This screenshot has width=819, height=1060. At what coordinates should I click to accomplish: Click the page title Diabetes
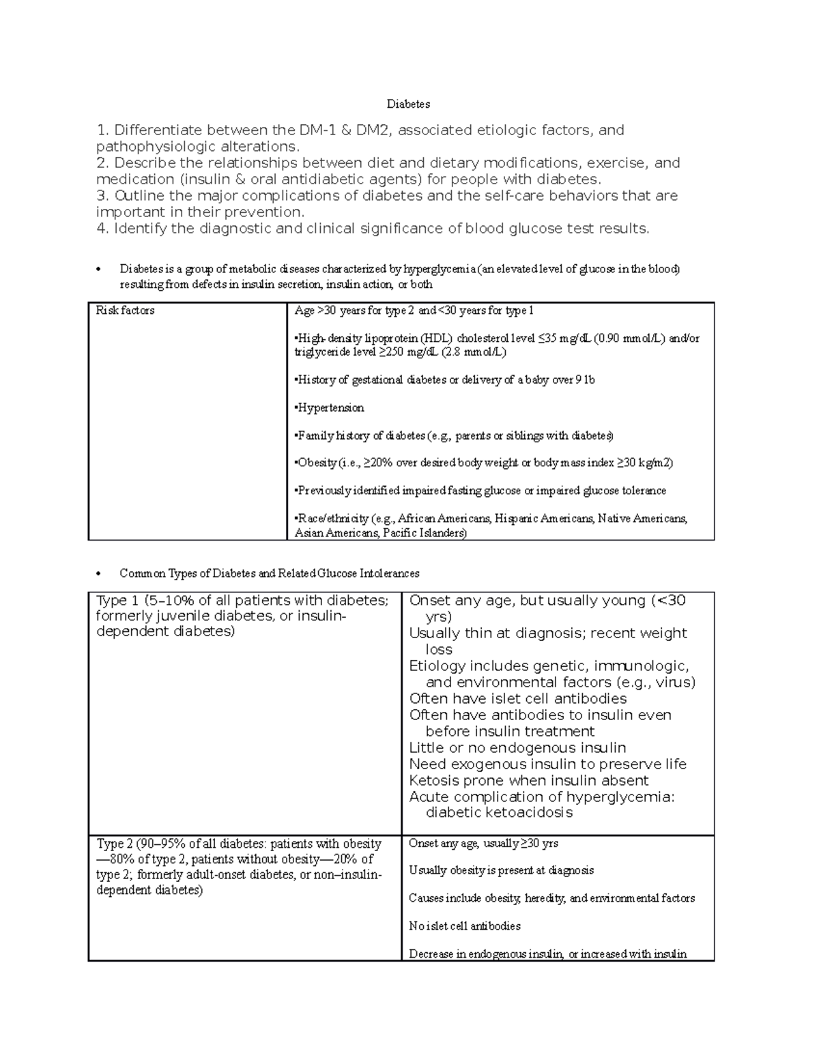pyautogui.click(x=408, y=104)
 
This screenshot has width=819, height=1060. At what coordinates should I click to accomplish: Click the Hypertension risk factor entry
pyautogui.click(x=330, y=407)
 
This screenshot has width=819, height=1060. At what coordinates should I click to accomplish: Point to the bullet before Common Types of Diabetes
pyautogui.click(x=100, y=573)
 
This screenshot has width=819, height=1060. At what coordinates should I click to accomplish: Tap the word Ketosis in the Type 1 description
pyautogui.click(x=433, y=780)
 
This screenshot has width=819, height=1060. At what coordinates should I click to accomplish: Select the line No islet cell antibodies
pyautogui.click(x=464, y=926)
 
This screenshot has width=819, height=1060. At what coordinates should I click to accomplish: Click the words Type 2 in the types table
pyautogui.click(x=114, y=844)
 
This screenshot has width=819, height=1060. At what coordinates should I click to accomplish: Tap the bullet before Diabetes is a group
pyautogui.click(x=100, y=269)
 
